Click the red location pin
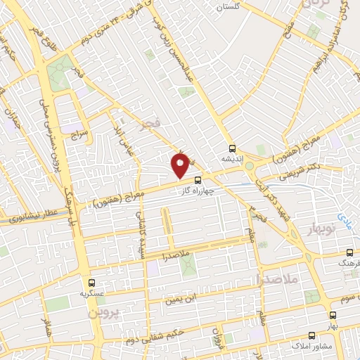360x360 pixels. tap(181, 165)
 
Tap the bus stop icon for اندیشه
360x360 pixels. tap(233, 148)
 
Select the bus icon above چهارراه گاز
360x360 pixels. tap(197, 179)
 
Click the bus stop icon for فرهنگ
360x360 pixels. tap(349, 253)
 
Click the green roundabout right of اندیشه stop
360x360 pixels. tap(250, 166)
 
